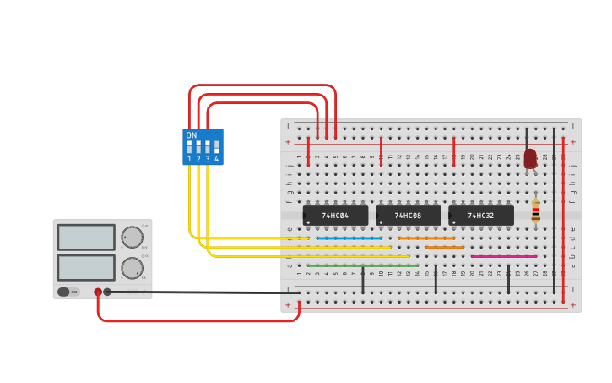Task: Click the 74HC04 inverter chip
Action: click(336, 216)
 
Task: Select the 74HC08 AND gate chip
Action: click(409, 216)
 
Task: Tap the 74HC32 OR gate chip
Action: click(481, 216)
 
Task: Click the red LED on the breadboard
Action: click(530, 158)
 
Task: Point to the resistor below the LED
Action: click(536, 212)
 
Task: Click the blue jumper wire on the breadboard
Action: click(349, 238)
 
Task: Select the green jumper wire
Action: click(363, 265)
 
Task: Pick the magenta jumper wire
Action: click(504, 256)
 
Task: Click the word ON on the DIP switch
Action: click(192, 135)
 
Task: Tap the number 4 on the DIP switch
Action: click(216, 159)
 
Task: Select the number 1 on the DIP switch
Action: click(189, 159)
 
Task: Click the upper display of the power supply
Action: click(86, 237)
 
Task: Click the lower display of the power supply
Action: click(86, 268)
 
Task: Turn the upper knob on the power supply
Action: click(132, 237)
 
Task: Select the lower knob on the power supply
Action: click(132, 268)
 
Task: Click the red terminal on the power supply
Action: click(98, 292)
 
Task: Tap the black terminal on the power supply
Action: click(107, 292)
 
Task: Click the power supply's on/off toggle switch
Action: click(64, 292)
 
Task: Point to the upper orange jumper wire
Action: click(426, 238)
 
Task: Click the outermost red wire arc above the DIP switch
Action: click(263, 85)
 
